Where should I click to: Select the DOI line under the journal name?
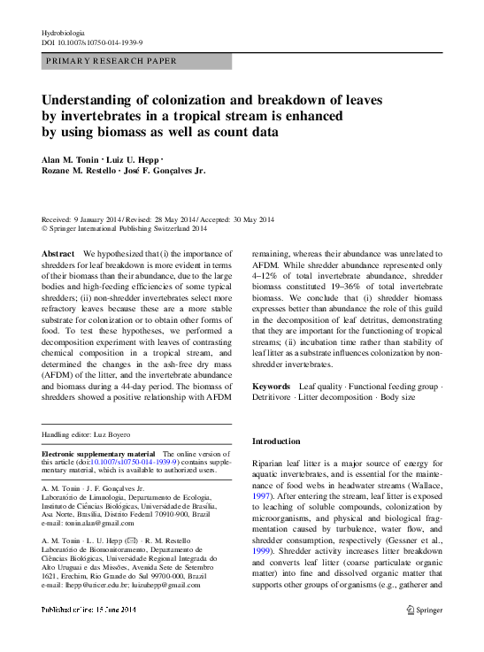pos(93,42)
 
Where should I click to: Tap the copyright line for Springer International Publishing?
pos(124,228)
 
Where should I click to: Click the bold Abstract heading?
pos(58,254)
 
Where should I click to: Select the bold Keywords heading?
pos(273,387)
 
